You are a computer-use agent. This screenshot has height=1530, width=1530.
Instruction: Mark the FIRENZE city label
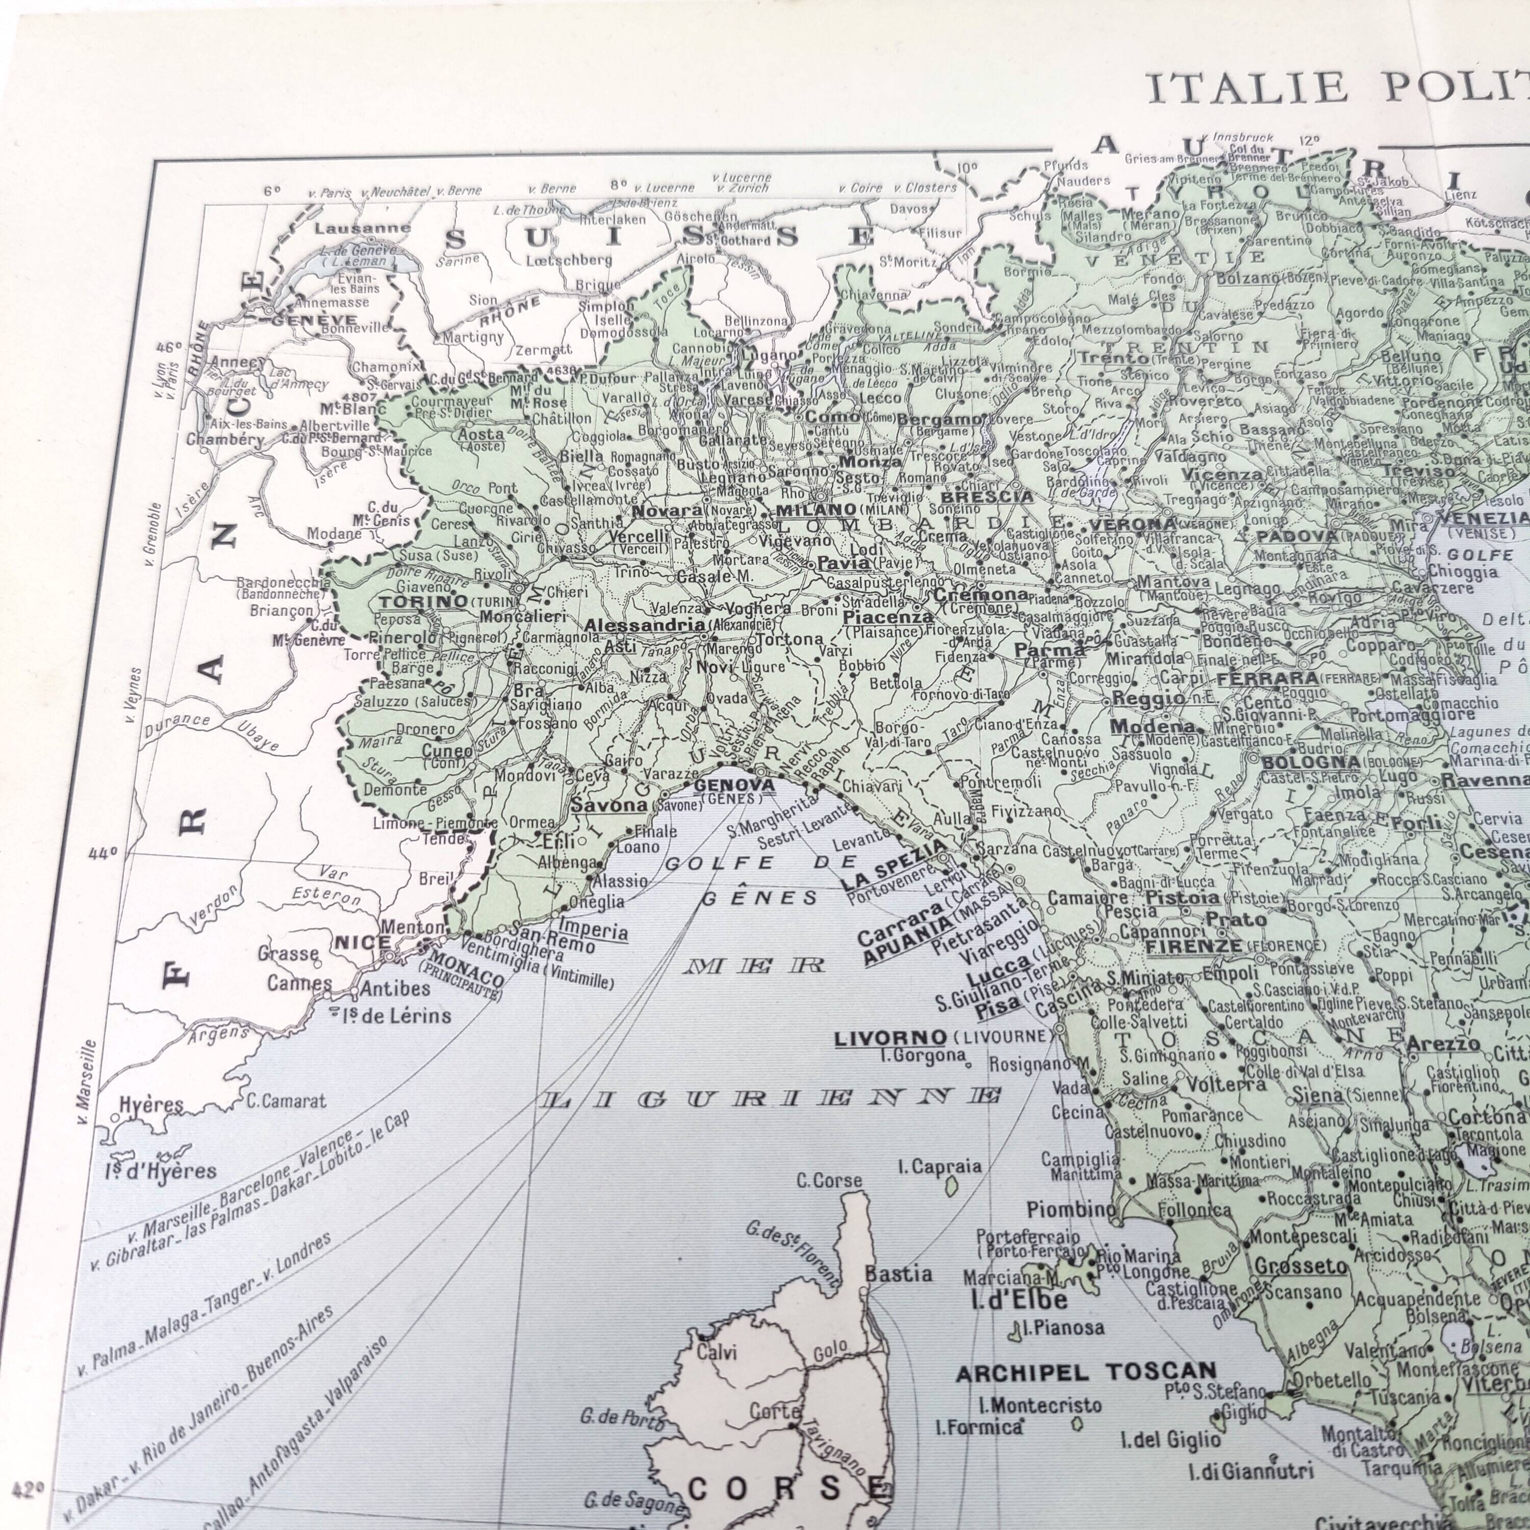click(1194, 947)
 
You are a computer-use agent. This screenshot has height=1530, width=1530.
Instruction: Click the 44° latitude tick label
click(102, 854)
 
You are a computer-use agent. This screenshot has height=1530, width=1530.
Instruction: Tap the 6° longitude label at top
click(272, 191)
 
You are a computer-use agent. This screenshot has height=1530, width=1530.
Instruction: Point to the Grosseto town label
click(1300, 1267)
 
